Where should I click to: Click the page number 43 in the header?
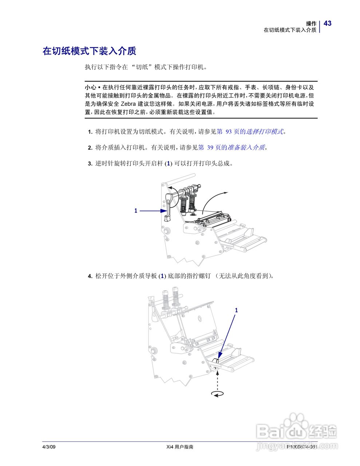(x=328, y=23)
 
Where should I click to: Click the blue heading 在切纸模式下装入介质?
(x=89, y=51)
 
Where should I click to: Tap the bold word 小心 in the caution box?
(x=90, y=87)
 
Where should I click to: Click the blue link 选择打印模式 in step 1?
(x=265, y=131)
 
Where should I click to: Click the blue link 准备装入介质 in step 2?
(x=246, y=147)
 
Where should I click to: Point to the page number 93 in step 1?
(x=229, y=131)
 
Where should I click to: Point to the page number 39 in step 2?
(x=210, y=147)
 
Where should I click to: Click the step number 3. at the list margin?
(x=90, y=164)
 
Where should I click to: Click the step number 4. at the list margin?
(x=90, y=276)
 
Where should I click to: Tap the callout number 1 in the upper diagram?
(x=136, y=210)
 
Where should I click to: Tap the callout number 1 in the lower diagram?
(x=236, y=310)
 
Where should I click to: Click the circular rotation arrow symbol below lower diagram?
(x=217, y=394)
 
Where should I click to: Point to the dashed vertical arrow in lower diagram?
(x=217, y=379)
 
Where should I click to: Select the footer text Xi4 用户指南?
(x=179, y=447)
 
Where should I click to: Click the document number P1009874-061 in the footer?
(x=302, y=447)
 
